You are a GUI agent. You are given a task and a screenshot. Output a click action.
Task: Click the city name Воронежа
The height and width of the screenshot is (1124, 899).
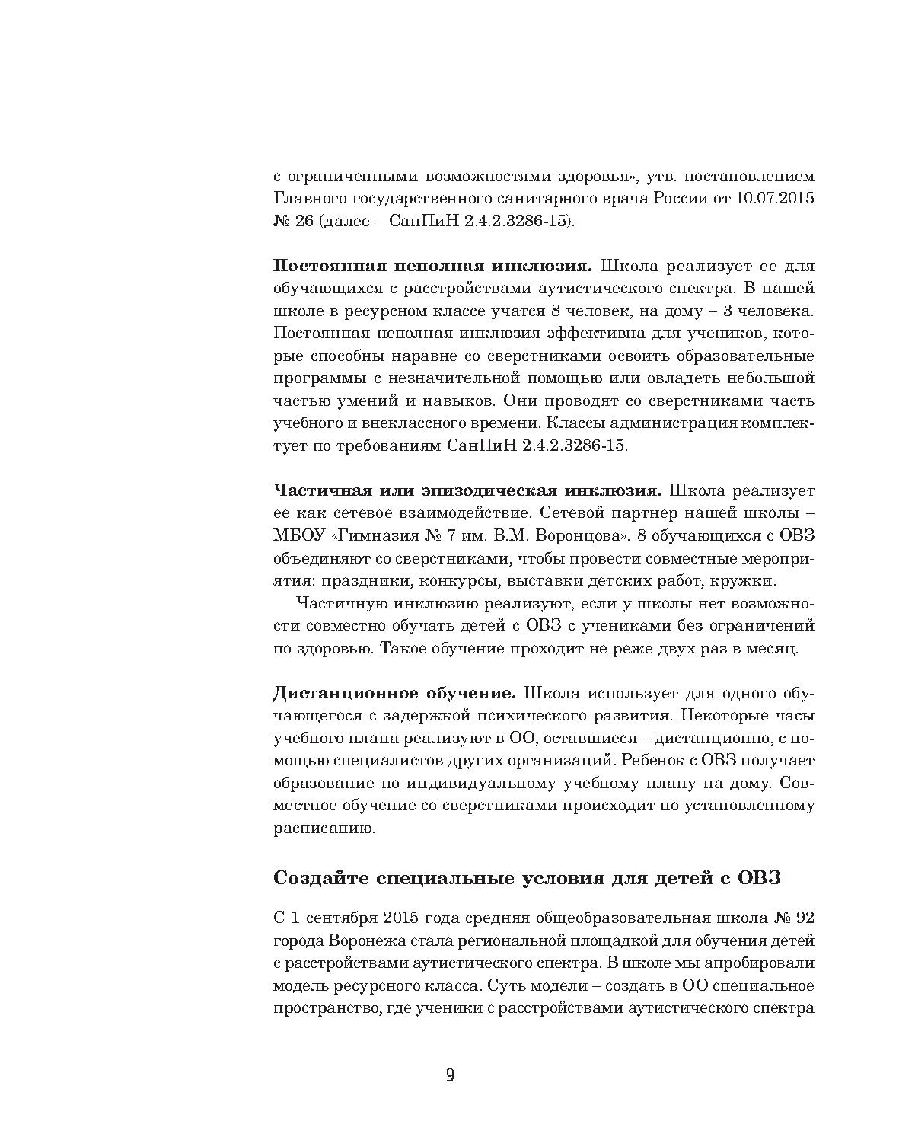[363, 940]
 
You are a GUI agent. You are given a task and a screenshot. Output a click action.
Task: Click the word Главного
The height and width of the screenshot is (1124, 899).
[308, 199]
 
